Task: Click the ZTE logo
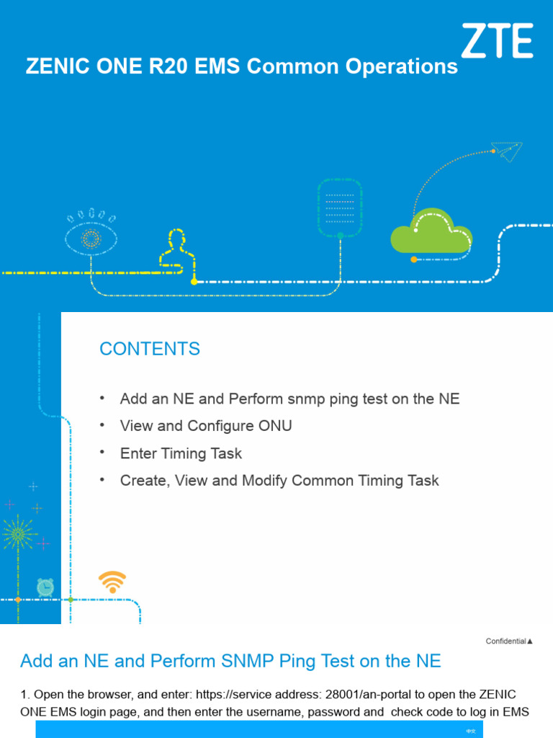(x=497, y=40)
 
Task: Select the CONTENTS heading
(x=150, y=349)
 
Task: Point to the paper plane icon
(x=509, y=151)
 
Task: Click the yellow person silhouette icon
(x=177, y=249)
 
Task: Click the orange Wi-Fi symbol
(x=112, y=581)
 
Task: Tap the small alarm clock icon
(x=45, y=587)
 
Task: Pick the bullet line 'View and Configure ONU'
(x=206, y=426)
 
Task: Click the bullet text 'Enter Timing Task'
(x=181, y=453)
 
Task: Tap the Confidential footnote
(x=509, y=641)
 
